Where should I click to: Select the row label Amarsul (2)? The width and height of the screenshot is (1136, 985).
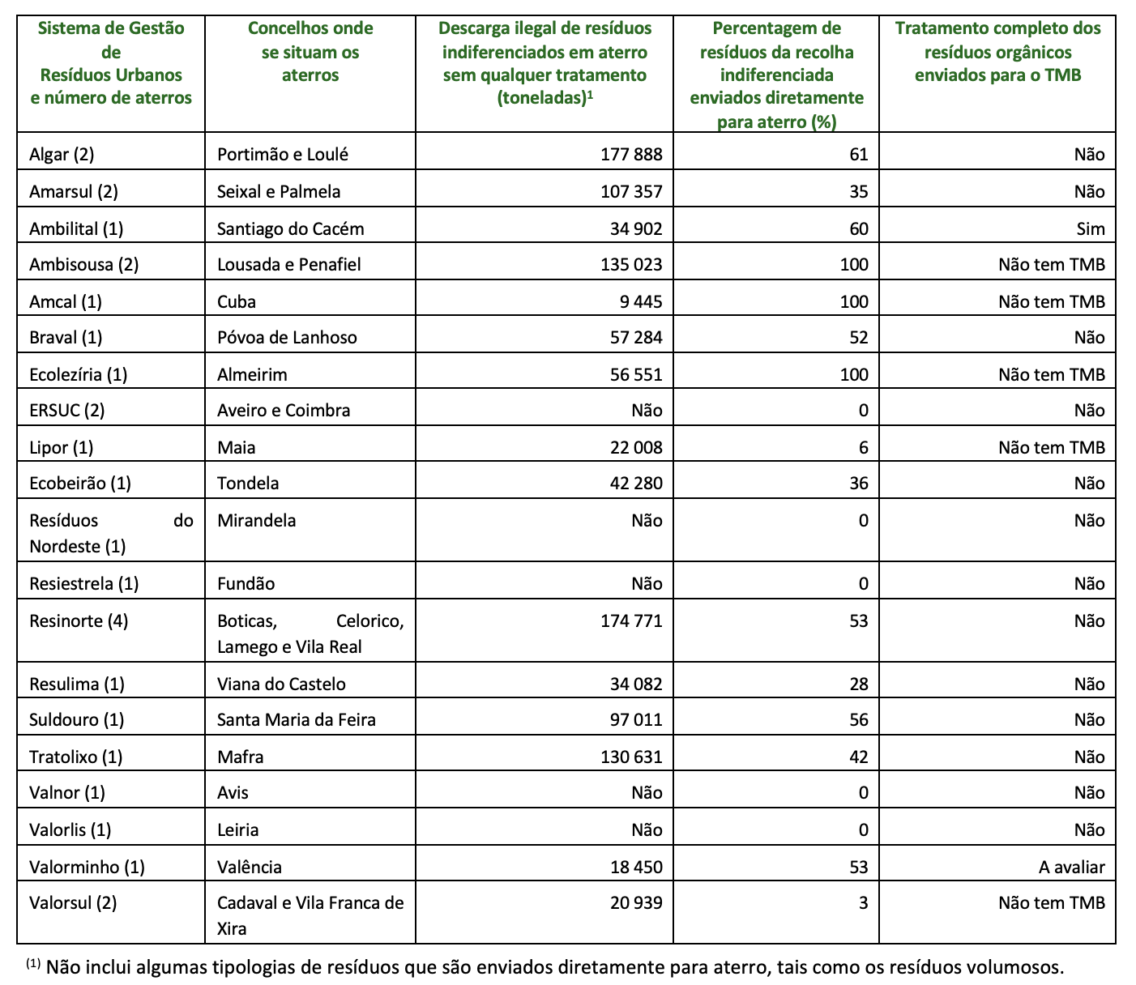pyautogui.click(x=74, y=191)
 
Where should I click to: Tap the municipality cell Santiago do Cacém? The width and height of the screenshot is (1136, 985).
pyautogui.click(x=290, y=228)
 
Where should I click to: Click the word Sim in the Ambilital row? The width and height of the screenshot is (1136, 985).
pyautogui.click(x=1091, y=228)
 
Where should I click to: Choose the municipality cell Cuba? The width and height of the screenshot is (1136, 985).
pyautogui.click(x=237, y=301)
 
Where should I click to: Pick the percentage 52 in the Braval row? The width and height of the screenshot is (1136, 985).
pyautogui.click(x=859, y=337)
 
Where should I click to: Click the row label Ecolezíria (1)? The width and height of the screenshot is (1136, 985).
pyautogui.click(x=79, y=374)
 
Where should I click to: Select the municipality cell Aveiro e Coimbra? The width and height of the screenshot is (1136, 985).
pyautogui.click(x=284, y=410)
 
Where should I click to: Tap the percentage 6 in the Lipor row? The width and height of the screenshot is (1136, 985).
pyautogui.click(x=864, y=447)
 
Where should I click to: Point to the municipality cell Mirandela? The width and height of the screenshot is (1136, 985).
pyautogui.click(x=256, y=520)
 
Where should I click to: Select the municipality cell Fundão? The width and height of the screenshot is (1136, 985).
pyautogui.click(x=246, y=583)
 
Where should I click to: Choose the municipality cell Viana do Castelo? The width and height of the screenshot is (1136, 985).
pyautogui.click(x=281, y=684)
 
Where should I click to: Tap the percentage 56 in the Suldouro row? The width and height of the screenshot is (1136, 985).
pyautogui.click(x=859, y=719)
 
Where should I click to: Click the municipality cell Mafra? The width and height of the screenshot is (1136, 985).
pyautogui.click(x=241, y=757)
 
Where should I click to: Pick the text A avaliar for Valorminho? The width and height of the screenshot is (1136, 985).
pyautogui.click(x=1071, y=867)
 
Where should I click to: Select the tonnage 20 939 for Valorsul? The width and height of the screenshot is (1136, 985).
pyautogui.click(x=636, y=902)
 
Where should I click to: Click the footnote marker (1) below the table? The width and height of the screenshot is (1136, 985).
pyautogui.click(x=32, y=963)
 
